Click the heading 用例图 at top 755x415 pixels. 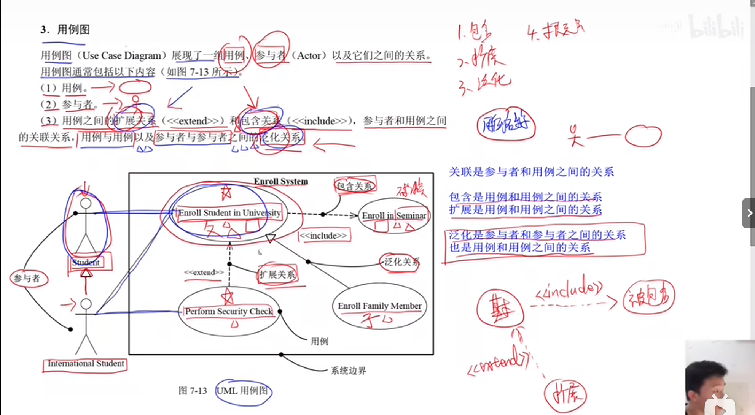(x=73, y=30)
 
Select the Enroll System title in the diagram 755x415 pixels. (x=281, y=181)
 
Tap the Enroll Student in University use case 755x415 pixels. (x=229, y=213)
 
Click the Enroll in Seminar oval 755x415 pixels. (x=394, y=215)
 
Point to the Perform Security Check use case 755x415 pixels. (x=229, y=311)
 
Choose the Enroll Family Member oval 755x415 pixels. (x=379, y=306)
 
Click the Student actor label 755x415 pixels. (x=86, y=262)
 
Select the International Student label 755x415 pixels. (x=86, y=364)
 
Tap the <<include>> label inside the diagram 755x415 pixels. (x=323, y=236)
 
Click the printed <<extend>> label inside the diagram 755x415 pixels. (x=204, y=272)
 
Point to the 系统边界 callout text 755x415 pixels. (x=348, y=371)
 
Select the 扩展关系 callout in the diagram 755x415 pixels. (x=277, y=274)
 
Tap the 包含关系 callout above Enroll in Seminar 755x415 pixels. (x=354, y=186)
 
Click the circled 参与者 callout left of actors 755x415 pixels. (x=27, y=278)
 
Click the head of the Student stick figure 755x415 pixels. (x=86, y=203)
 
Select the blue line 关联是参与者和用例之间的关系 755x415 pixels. (x=531, y=172)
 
